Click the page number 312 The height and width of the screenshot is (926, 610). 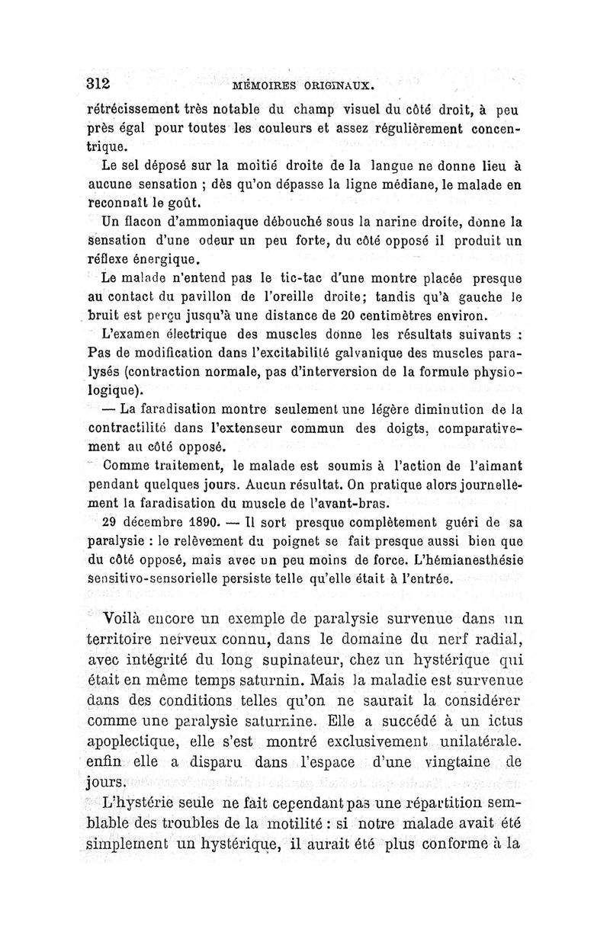click(99, 84)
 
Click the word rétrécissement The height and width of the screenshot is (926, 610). click(142, 108)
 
